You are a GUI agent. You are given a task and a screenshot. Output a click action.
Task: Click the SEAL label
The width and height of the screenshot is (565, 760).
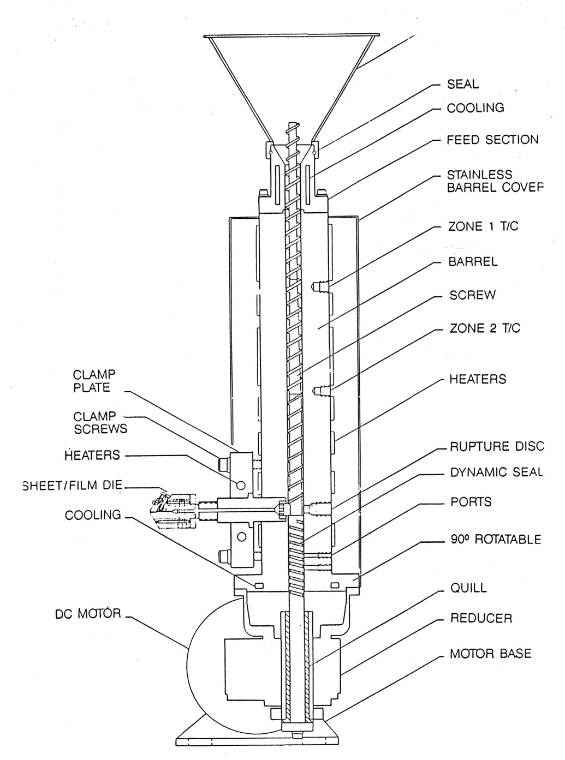[462, 84]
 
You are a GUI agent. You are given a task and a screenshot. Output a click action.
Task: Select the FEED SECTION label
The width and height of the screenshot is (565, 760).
[492, 140]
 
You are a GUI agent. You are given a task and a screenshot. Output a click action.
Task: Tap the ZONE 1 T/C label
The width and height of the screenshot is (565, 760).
[483, 226]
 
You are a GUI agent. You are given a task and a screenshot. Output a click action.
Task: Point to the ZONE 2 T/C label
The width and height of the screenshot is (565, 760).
[484, 328]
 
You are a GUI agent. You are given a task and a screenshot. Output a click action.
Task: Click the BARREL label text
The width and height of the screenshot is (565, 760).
[473, 261]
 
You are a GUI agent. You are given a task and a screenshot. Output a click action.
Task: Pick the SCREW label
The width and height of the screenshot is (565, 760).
[472, 295]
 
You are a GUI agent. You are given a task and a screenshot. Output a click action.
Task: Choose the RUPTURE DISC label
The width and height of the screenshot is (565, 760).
[497, 446]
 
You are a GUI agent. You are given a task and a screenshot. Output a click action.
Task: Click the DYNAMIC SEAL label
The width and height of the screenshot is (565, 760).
[496, 472]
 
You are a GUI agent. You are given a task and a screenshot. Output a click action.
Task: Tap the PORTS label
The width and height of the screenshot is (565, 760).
[471, 501]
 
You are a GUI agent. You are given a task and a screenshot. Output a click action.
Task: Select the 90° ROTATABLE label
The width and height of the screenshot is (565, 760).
[495, 539]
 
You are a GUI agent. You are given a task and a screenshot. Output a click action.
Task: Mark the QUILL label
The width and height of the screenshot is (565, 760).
[468, 588]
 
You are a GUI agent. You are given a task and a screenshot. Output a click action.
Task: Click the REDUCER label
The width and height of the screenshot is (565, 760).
[481, 619]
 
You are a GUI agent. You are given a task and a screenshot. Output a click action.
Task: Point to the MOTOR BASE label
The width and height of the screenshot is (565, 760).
[490, 653]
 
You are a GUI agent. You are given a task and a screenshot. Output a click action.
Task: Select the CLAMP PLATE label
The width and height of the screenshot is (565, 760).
[92, 381]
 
